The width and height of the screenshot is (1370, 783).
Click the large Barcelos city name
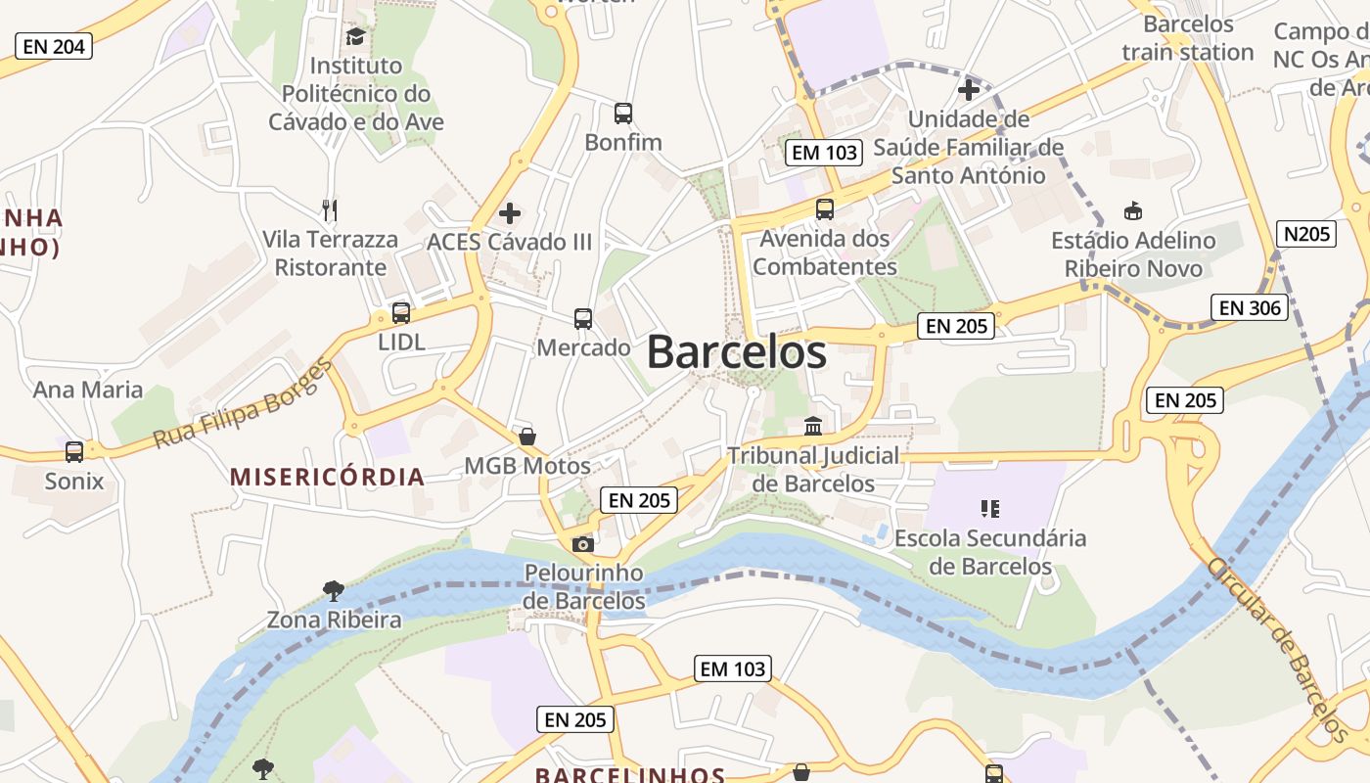(x=736, y=352)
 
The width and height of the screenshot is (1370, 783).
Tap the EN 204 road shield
(x=54, y=46)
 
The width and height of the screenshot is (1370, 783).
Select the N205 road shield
(x=1305, y=234)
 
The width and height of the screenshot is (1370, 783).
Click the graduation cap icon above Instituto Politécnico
(x=355, y=37)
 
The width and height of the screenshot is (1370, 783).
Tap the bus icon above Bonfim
(x=623, y=114)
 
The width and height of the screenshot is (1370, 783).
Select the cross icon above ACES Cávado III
(x=510, y=213)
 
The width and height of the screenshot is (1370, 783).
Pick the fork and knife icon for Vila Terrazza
(x=330, y=210)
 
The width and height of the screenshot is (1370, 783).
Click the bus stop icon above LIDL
(x=401, y=314)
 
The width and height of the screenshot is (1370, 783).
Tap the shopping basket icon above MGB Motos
(x=527, y=437)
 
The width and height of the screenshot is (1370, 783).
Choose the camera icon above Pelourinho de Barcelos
(x=583, y=544)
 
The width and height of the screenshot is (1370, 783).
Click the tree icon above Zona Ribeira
(x=334, y=590)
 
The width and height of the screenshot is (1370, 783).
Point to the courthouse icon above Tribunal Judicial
(x=812, y=427)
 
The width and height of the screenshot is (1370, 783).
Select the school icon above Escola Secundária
(x=989, y=509)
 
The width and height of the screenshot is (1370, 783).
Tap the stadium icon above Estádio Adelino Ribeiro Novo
(x=1133, y=210)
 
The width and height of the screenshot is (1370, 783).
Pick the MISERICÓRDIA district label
(x=327, y=478)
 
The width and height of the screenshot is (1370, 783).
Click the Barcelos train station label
(x=1188, y=37)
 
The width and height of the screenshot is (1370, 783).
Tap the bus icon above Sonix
(x=74, y=452)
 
